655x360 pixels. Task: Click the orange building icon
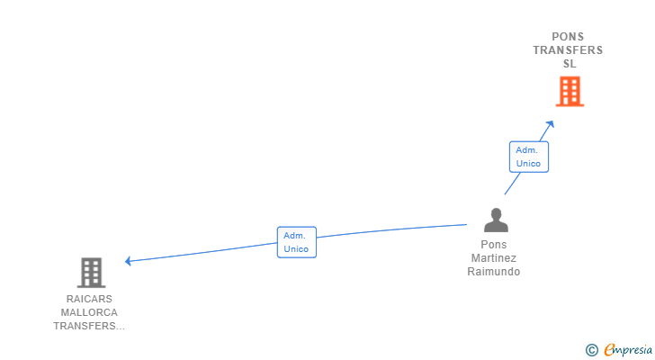tap(570, 92)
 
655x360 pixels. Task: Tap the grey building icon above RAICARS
tap(92, 273)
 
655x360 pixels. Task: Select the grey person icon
tap(496, 220)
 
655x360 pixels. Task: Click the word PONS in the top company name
tap(568, 37)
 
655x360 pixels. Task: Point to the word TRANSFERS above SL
tap(568, 50)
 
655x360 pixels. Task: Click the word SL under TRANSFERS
tap(570, 64)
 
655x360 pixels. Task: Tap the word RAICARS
tap(89, 299)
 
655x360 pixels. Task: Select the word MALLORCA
tap(89, 312)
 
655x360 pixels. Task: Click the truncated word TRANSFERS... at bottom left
tap(89, 326)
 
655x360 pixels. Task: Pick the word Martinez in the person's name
tap(494, 258)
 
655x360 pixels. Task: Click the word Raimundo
tap(494, 272)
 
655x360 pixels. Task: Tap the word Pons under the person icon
tap(494, 244)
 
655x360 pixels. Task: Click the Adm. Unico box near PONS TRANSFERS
tap(529, 157)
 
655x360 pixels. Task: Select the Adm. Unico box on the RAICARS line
tap(297, 242)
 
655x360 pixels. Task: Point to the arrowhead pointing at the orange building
tap(550, 124)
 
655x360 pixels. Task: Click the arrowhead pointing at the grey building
tap(129, 261)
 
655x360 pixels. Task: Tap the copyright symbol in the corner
tap(591, 350)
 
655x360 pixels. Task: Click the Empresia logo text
tap(628, 350)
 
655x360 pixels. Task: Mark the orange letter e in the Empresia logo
tap(609, 349)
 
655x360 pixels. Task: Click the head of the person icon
tap(496, 214)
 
